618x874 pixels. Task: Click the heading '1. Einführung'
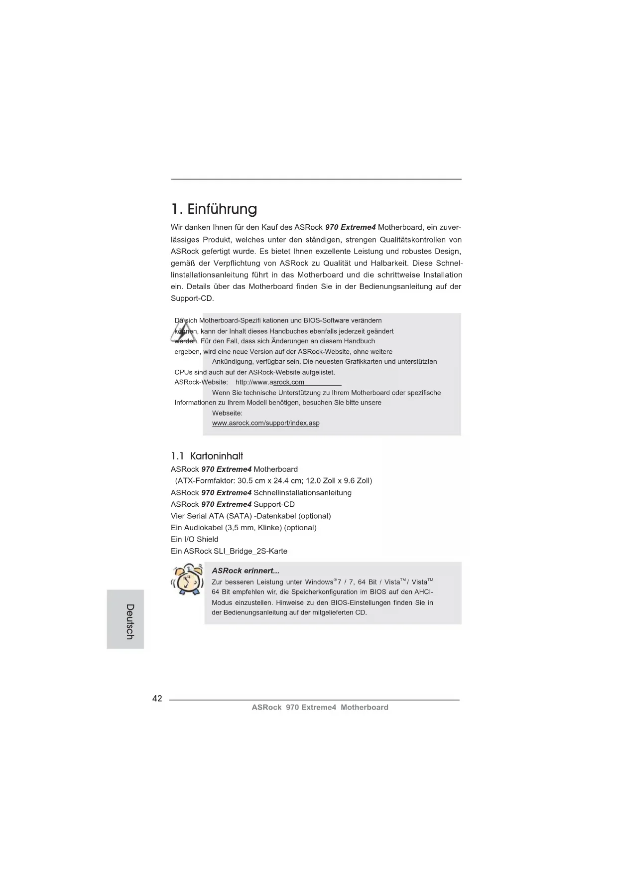pos(214,209)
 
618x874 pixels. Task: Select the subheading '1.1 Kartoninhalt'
pos(207,456)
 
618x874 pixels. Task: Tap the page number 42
pos(157,699)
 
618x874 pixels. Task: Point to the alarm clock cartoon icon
pos(187,580)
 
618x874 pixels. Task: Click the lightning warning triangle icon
pos(183,331)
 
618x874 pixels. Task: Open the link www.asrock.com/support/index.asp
pos(265,423)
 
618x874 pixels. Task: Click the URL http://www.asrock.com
pos(270,382)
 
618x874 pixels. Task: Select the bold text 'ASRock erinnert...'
pos(245,571)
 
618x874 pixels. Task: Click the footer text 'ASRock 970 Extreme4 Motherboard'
pos(320,707)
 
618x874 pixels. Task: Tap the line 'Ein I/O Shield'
pos(194,539)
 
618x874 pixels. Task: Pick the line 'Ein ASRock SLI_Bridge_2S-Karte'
pos(229,551)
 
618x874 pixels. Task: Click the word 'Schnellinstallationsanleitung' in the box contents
pos(302,493)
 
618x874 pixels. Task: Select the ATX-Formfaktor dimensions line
pos(273,481)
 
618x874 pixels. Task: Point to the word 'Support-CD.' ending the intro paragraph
pos(192,298)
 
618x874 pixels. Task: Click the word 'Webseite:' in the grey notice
pos(227,413)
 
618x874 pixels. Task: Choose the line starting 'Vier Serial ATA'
pos(250,516)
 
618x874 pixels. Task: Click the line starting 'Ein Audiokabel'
pos(244,528)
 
